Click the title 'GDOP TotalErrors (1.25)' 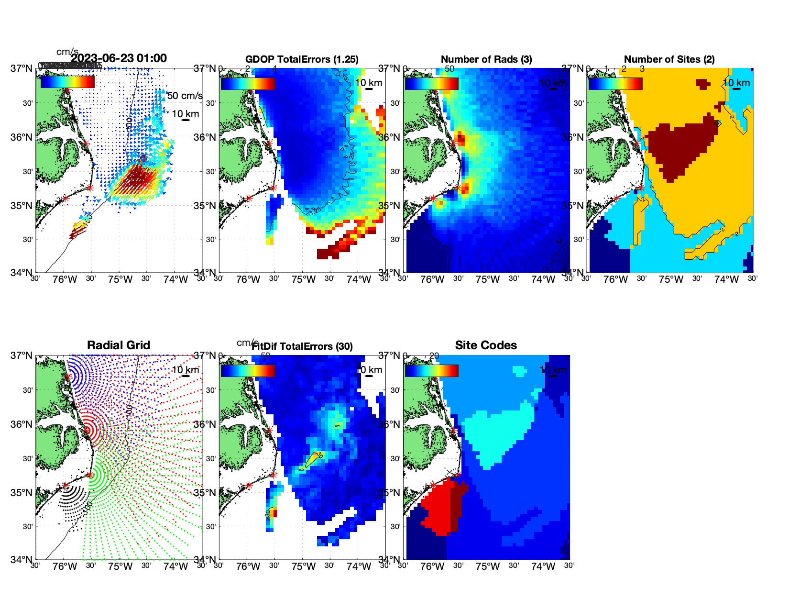pos(302,59)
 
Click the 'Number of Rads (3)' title pos(486,59)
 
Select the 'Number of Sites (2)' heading pos(669,59)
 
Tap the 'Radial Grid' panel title pos(119,345)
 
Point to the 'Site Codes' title pos(486,345)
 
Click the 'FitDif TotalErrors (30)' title pos(302,346)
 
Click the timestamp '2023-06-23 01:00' pos(119,58)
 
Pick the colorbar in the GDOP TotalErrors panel pos(248,83)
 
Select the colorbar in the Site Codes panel pos(431,371)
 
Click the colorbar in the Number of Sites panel pos(615,83)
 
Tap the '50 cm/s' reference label pos(185,96)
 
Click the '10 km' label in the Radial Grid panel pos(186,370)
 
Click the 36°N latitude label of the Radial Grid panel pos(22,424)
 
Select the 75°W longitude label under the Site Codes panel pos(488,566)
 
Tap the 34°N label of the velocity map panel pos(22,273)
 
